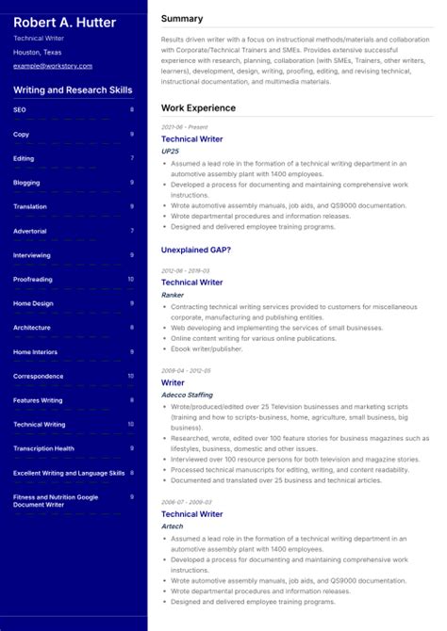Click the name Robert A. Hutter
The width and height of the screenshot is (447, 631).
pyautogui.click(x=65, y=22)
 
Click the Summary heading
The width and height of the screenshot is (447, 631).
pyautogui.click(x=182, y=19)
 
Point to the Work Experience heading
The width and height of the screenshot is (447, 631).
pyautogui.click(x=198, y=108)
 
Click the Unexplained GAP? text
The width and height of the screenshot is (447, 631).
pyautogui.click(x=196, y=250)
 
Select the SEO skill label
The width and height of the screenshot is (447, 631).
pyautogui.click(x=20, y=109)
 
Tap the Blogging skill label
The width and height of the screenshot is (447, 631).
pyautogui.click(x=26, y=183)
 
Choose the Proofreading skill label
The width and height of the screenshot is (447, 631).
pyautogui.click(x=33, y=280)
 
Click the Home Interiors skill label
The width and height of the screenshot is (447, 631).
pyautogui.click(x=35, y=352)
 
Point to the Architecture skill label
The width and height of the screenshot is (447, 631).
pyautogui.click(x=32, y=328)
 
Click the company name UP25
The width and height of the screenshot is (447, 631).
pyautogui.click(x=170, y=151)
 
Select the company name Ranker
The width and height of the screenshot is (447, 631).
pyautogui.click(x=173, y=295)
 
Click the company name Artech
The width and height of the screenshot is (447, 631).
pyautogui.click(x=173, y=526)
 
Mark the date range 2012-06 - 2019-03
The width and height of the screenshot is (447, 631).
pyautogui.click(x=186, y=269)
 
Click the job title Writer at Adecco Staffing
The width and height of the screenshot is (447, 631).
pyautogui.click(x=173, y=383)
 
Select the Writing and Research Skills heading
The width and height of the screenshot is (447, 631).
pyautogui.click(x=74, y=90)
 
